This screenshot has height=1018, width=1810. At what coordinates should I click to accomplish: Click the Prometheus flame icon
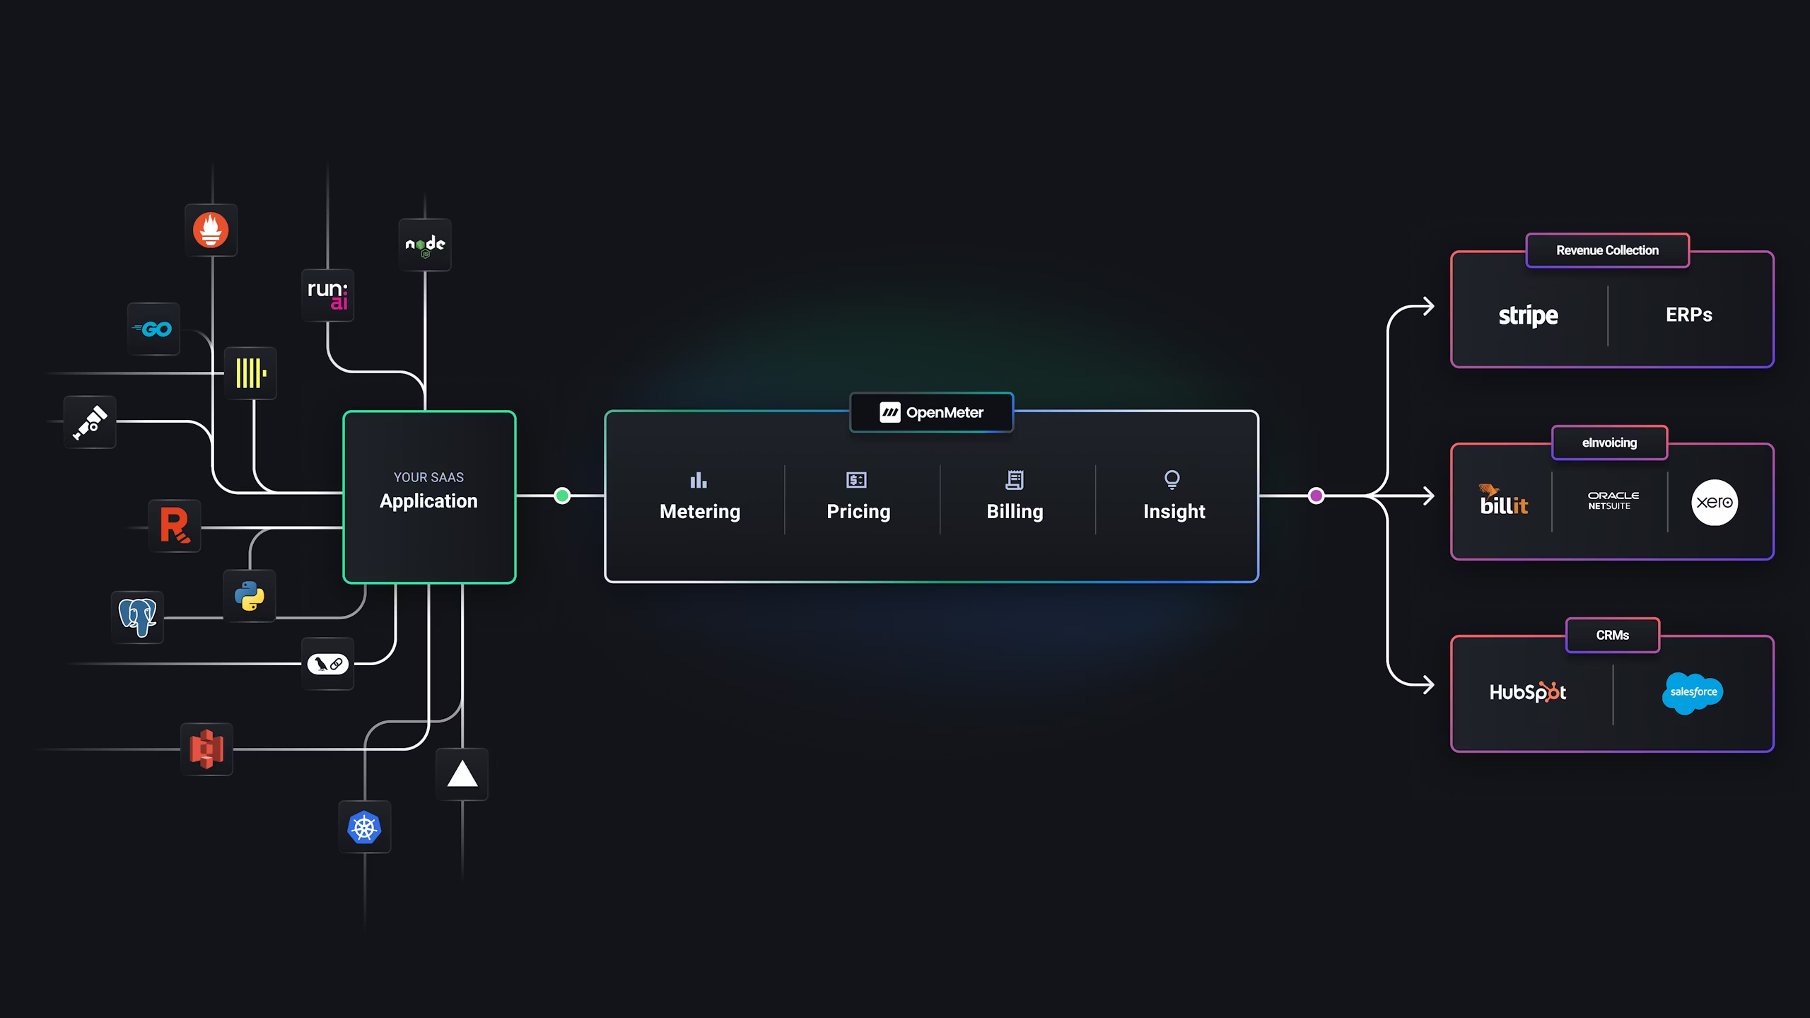tap(211, 230)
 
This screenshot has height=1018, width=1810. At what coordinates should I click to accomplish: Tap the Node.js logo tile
tap(425, 245)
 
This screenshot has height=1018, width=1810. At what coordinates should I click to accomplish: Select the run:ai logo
tap(327, 295)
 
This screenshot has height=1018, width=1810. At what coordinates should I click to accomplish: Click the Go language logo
tap(153, 329)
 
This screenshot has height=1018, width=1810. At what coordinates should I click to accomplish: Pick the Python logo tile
tap(250, 595)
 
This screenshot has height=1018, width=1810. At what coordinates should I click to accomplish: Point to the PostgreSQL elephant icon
tap(137, 617)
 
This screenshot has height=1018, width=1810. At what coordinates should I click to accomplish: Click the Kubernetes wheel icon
tap(364, 827)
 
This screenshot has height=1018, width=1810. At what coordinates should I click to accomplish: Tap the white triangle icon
tap(462, 774)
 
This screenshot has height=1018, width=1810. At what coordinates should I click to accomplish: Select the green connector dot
tap(562, 496)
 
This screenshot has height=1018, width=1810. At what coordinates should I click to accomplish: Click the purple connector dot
tap(1316, 496)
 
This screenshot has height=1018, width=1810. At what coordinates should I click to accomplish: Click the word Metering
tap(700, 511)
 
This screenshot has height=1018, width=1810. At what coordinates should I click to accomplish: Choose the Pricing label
tap(858, 511)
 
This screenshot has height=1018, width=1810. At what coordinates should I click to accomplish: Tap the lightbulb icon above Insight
tap(1172, 480)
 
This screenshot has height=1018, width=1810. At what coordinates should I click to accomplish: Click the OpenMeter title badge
tap(931, 412)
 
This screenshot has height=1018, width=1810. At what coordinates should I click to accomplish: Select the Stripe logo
tap(1528, 315)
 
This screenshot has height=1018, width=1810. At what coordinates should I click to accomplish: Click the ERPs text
tap(1688, 315)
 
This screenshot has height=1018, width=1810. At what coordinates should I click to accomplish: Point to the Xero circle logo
tap(1714, 503)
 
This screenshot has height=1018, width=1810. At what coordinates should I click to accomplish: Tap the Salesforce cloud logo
tap(1693, 693)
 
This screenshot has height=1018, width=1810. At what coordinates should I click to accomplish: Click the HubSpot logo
tap(1527, 692)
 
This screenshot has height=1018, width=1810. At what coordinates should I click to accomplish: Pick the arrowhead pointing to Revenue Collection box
tap(1430, 307)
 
